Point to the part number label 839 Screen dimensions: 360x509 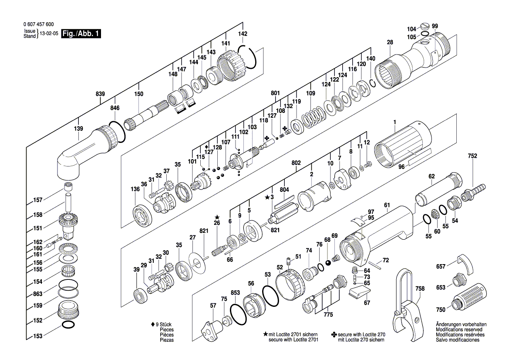[101, 94]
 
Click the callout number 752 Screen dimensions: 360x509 [472, 156]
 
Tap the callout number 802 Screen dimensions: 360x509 [296, 163]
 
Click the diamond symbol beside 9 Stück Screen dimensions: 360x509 [152, 325]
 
